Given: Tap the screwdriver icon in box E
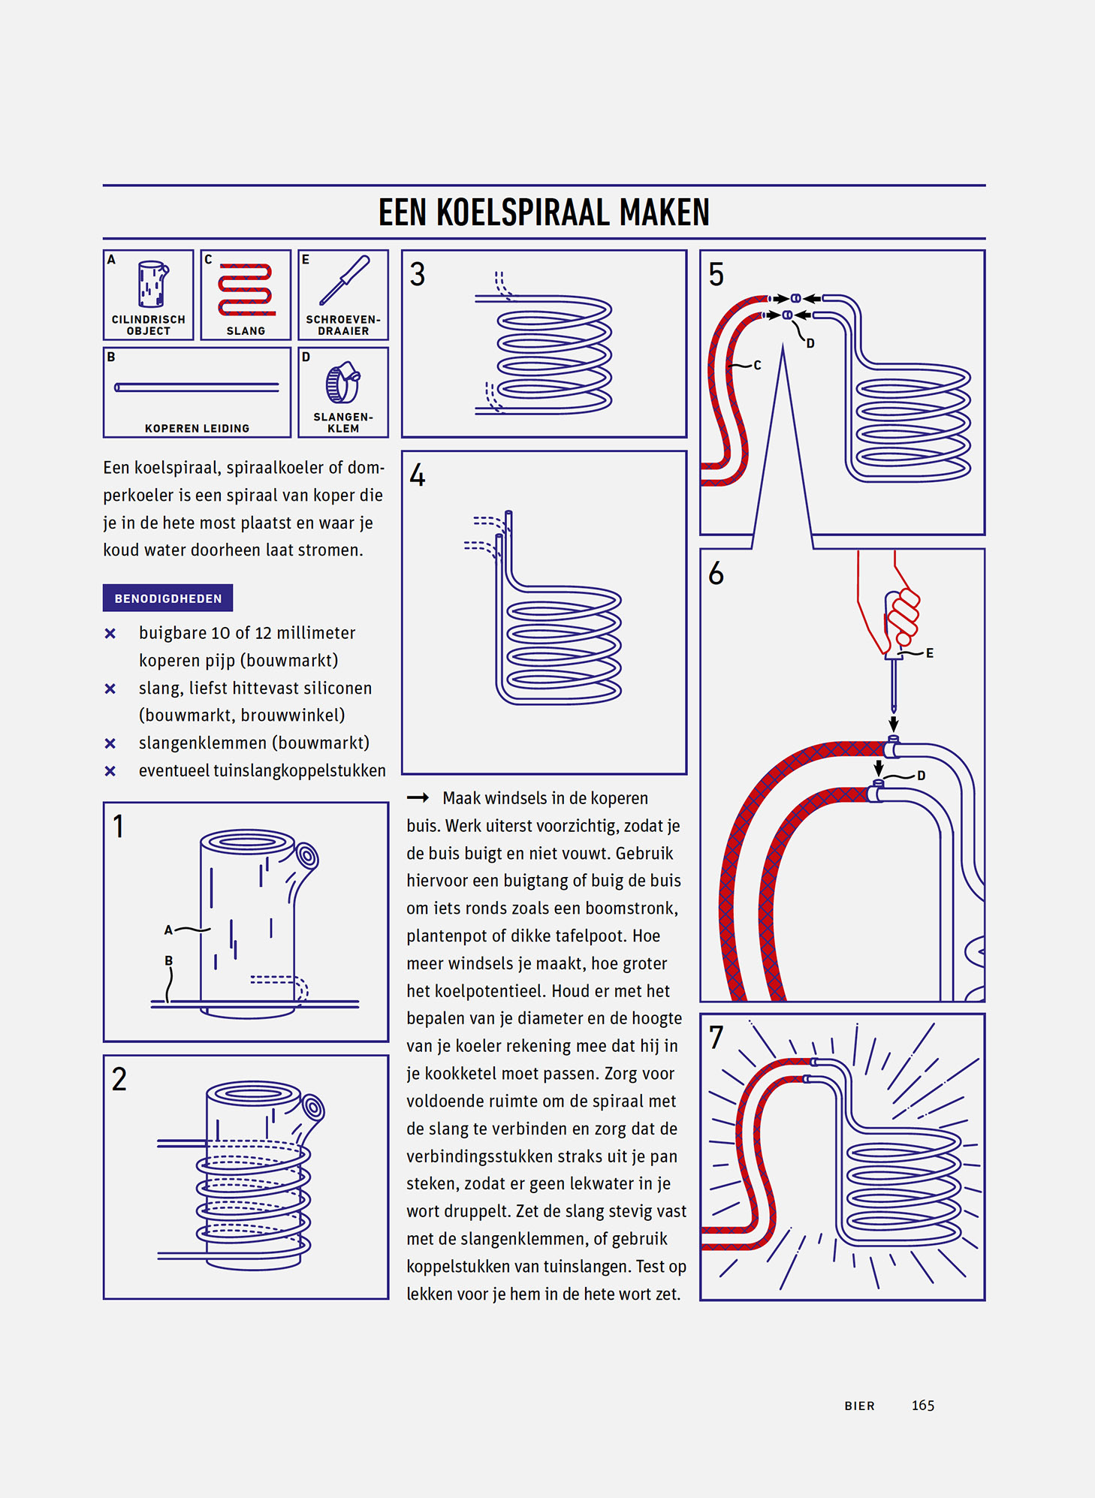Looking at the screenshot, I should pos(344,280).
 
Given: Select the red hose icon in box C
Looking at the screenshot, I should pos(246,289).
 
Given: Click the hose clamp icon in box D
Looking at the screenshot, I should pos(342,382).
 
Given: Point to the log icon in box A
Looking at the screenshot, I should pos(152,284).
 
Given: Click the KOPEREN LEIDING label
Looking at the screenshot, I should pos(197,429).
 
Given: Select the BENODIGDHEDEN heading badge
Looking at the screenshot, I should pos(167,598).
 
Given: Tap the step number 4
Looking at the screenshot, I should pos(418,476).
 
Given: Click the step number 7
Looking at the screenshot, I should pos(716,1038).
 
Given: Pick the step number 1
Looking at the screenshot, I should pos(119,827).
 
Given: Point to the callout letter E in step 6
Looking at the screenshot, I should pos(930,653).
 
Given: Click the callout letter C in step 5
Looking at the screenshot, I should pos(757,366).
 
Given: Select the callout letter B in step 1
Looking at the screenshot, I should pos(169,960).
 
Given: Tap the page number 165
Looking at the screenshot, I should pos(923,1406).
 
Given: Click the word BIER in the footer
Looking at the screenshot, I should pos(859,1406).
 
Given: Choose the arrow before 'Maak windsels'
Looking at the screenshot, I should pos(418,797).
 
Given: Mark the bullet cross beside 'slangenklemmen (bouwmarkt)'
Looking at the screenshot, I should pos(110,743).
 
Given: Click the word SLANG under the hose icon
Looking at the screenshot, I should pos(246,331).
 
